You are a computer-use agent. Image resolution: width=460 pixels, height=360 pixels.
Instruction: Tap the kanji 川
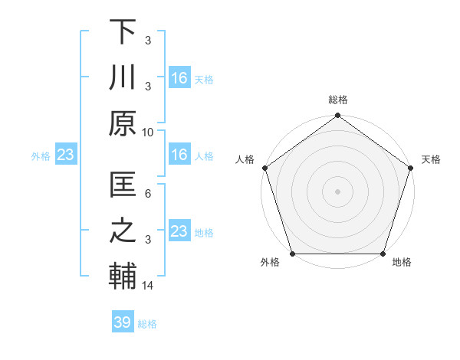123,77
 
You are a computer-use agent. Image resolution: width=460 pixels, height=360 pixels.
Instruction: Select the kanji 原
123,122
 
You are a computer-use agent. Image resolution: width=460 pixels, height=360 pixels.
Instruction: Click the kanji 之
123,231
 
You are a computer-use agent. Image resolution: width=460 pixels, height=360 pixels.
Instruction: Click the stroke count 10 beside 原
148,132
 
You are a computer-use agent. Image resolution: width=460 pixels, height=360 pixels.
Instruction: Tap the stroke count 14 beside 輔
148,286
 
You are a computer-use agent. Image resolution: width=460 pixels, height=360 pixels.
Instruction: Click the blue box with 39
122,322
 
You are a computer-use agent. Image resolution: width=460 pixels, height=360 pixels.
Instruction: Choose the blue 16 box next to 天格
179,77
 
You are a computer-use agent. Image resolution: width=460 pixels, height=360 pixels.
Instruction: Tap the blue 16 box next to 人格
179,155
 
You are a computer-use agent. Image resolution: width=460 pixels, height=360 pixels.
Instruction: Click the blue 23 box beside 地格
179,231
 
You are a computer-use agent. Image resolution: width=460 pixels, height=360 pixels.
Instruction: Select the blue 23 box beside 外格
65,155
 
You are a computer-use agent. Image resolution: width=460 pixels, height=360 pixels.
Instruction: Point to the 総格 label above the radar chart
337,100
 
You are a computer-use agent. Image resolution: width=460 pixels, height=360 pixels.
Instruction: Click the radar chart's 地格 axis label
402,262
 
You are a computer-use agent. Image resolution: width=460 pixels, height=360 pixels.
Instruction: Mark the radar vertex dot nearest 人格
265,168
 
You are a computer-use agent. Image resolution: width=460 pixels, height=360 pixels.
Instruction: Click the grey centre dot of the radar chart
337,191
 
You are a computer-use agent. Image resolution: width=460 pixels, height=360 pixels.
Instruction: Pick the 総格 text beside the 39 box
147,324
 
